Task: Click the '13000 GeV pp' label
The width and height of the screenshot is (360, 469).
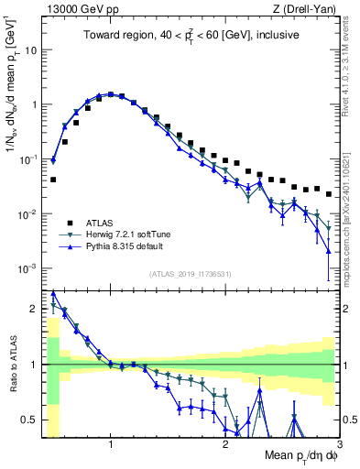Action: click(x=79, y=9)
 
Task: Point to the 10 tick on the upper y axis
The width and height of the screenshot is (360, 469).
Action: click(x=32, y=49)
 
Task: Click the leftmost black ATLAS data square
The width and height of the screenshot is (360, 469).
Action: click(x=53, y=180)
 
